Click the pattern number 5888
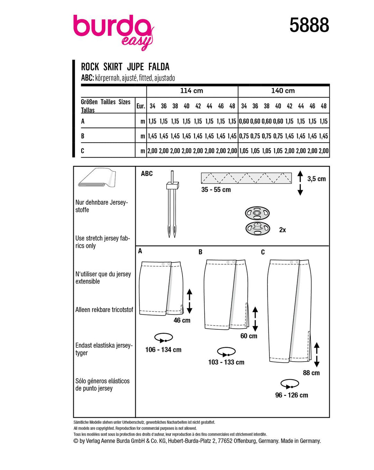(x=309, y=26)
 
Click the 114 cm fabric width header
(x=192, y=91)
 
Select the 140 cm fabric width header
(x=283, y=91)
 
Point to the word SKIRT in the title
(x=113, y=67)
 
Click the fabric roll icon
(x=97, y=178)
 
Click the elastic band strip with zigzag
(x=246, y=178)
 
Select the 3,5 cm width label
(x=317, y=179)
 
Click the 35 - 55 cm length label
(x=216, y=190)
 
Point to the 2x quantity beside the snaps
(x=283, y=230)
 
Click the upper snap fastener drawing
(x=257, y=213)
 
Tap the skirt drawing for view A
(x=161, y=288)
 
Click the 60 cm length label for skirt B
(x=249, y=336)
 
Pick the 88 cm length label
(x=311, y=373)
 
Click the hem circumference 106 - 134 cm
(x=163, y=350)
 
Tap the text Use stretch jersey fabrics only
(x=103, y=242)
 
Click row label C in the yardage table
(x=82, y=151)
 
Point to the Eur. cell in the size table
(x=141, y=106)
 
